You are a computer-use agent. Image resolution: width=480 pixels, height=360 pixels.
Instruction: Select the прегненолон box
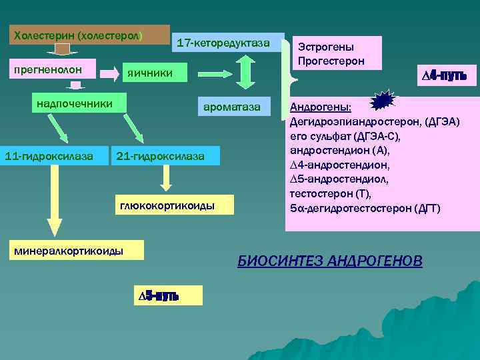[x=54, y=69]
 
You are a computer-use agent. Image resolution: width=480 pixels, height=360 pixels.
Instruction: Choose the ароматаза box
[x=233, y=107]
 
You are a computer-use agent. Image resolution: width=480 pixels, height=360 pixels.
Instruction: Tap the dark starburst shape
[x=383, y=101]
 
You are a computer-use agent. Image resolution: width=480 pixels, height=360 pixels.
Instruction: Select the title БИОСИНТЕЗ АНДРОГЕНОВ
[x=330, y=261]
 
